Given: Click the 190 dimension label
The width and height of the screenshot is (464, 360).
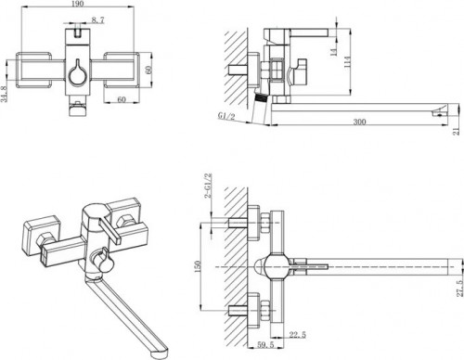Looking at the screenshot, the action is pos(77,4).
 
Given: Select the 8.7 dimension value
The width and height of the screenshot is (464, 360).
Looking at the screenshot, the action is pos(97,20).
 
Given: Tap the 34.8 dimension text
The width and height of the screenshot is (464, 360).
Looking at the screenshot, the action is pos(4,94).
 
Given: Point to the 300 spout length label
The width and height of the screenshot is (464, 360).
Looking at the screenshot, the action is pos(359,122).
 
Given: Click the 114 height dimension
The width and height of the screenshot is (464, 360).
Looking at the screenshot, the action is pos(347,62).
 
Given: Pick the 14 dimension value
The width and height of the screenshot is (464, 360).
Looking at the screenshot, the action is pos(334,52).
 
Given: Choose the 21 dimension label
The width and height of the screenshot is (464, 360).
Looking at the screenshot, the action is pos(457,131).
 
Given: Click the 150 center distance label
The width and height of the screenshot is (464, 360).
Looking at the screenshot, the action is pos(198,266).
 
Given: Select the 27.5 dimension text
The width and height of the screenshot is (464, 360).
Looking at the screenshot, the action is pos(460,289).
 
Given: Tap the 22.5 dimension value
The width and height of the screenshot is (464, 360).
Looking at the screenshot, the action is pos(298,335).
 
